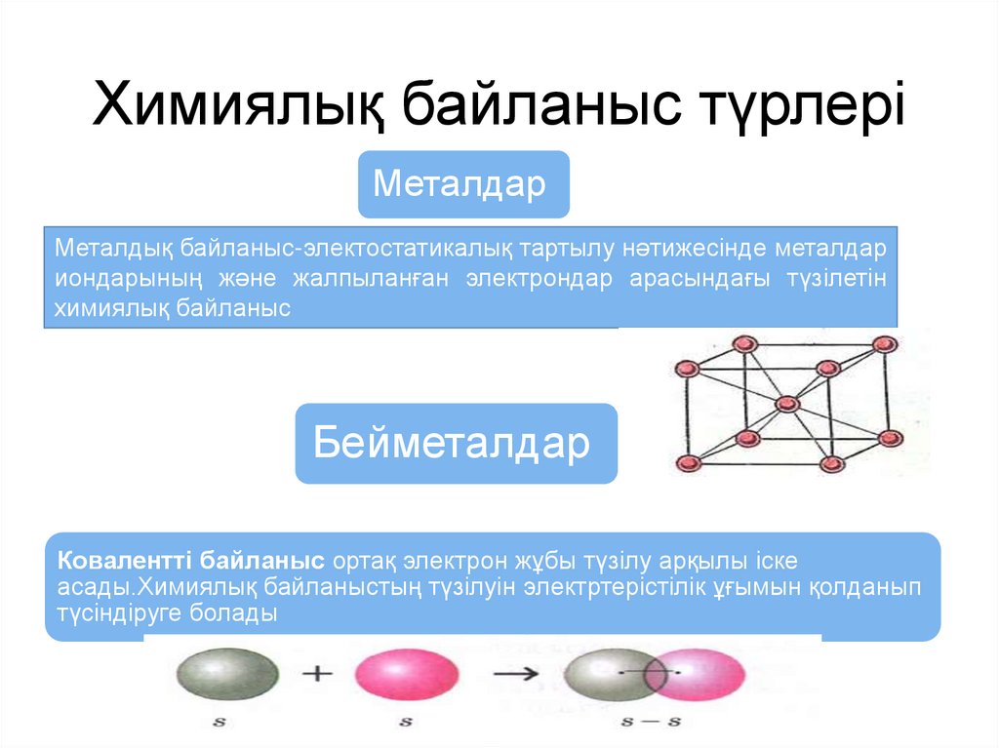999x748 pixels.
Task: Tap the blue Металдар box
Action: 462,183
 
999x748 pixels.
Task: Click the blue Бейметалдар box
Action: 456,444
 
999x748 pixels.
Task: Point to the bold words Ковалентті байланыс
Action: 191,562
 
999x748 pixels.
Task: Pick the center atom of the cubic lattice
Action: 786,403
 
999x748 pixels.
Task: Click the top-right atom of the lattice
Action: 885,343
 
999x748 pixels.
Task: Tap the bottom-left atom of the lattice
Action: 687,462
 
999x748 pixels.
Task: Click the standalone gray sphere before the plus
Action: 226,675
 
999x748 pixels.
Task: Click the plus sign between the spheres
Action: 317,674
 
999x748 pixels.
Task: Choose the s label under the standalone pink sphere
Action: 405,724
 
